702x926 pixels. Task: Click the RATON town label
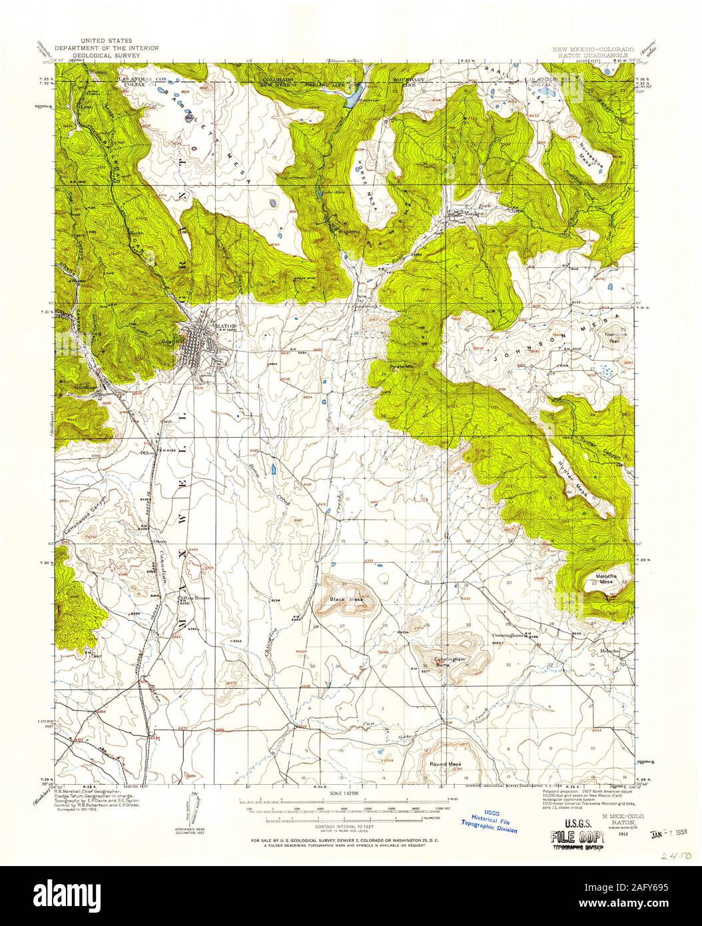pos(227,326)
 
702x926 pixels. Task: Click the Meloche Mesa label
pos(604,579)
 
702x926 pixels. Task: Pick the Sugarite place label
pos(349,232)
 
